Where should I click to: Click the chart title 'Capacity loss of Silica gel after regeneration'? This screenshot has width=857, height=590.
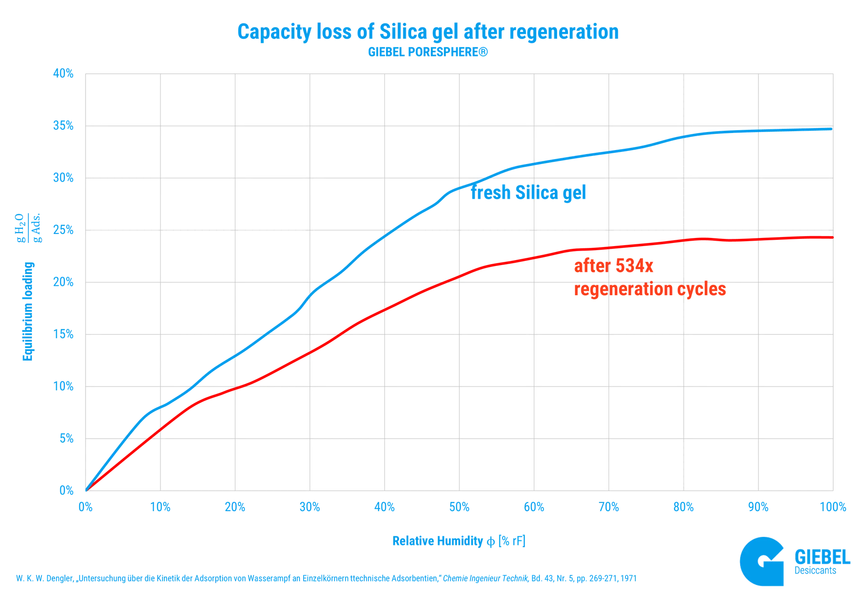(x=428, y=32)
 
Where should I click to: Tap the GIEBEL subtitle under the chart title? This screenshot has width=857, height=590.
(x=428, y=53)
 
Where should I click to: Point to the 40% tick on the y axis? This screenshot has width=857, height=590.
(x=63, y=74)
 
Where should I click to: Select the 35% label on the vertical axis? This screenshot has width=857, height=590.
(x=63, y=126)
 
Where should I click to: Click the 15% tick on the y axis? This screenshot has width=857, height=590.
(x=63, y=335)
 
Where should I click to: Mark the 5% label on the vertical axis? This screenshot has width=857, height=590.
(x=66, y=439)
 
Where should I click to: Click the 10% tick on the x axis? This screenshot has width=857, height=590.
(x=160, y=508)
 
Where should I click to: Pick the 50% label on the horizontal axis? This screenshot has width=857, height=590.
(x=460, y=508)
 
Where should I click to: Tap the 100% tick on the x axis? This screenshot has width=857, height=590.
(x=833, y=508)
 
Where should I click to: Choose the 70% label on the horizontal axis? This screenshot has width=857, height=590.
(x=609, y=508)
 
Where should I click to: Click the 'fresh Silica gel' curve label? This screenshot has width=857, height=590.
(x=528, y=194)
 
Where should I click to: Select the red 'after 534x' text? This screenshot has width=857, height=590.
(x=613, y=267)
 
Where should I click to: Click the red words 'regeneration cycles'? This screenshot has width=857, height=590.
(x=650, y=289)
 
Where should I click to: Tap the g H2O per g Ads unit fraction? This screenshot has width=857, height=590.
(x=28, y=229)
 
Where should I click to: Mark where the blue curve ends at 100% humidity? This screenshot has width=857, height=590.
(x=831, y=130)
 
